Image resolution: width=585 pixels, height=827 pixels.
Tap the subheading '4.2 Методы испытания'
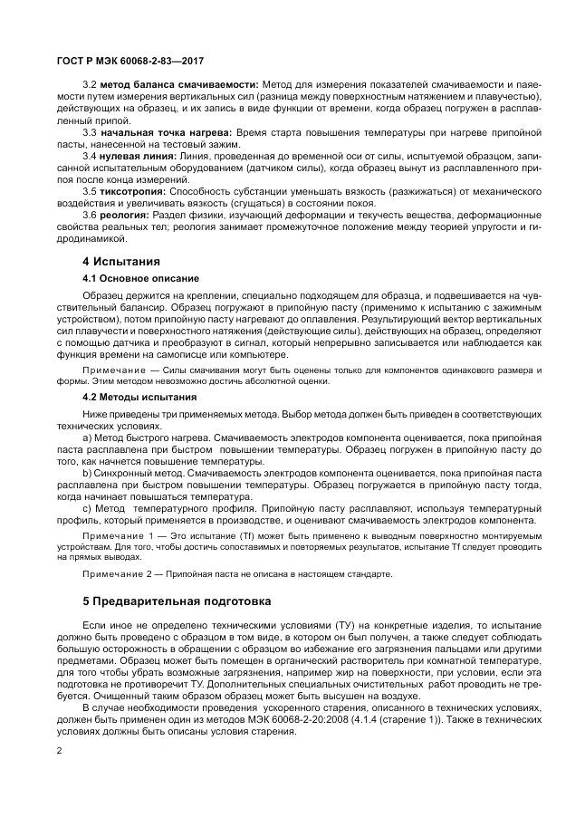[x=139, y=397]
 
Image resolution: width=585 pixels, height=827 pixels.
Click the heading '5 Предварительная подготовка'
[x=176, y=601]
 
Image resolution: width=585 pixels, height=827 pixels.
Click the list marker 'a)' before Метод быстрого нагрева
[x=88, y=438]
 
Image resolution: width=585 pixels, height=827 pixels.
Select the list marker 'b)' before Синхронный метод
[x=88, y=473]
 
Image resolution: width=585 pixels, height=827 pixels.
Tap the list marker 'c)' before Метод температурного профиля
[x=88, y=508]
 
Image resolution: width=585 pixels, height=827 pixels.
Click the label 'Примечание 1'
[x=117, y=537]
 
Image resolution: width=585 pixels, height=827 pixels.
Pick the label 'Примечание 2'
[x=117, y=573]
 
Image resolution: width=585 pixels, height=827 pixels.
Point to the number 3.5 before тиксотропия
[x=90, y=192]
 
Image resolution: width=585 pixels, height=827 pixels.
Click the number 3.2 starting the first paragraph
[x=90, y=84]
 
